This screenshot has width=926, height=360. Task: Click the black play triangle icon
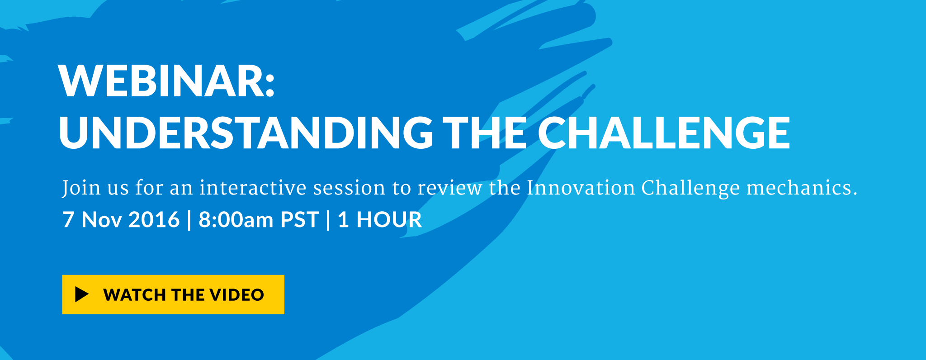pos(81,294)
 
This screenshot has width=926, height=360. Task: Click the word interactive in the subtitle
pos(253,188)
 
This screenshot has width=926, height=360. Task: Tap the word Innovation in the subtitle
pos(581,188)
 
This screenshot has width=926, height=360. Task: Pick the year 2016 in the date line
pos(154,220)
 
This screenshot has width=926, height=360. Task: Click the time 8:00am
pos(236,220)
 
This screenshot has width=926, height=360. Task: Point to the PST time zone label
pos(300,220)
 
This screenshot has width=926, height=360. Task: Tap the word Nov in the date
pos(101,220)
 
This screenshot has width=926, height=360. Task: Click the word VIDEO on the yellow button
pos(236,295)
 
